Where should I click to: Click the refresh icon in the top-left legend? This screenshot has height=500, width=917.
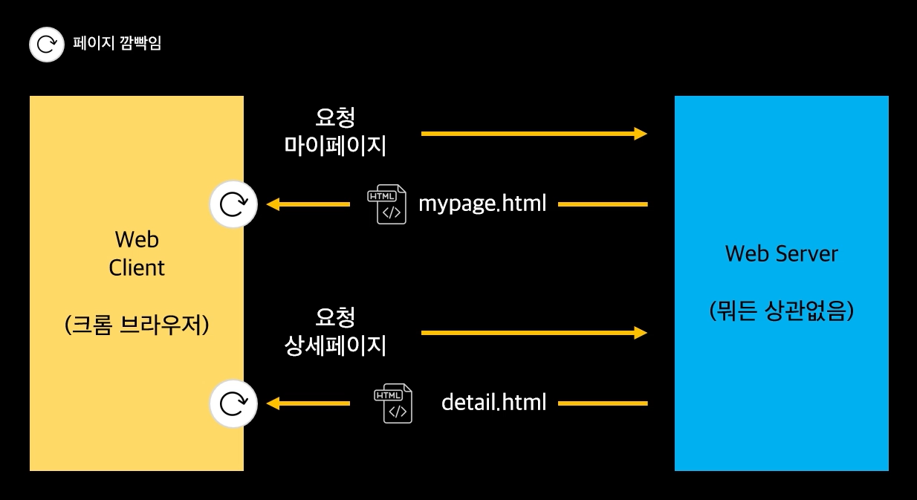point(46,44)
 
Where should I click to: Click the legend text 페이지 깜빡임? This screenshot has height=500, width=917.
point(117,43)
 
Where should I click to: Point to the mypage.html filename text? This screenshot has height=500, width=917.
point(482,203)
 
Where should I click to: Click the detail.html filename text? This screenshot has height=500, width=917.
point(493,403)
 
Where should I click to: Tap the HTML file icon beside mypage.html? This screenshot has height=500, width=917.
point(386,204)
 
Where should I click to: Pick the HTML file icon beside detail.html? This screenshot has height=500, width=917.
point(392,403)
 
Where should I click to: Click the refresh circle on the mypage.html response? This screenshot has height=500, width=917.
point(233,204)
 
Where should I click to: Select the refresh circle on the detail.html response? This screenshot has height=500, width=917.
point(233,403)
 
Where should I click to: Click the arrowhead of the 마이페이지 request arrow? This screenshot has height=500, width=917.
point(640,134)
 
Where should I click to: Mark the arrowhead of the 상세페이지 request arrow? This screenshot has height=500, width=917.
point(640,333)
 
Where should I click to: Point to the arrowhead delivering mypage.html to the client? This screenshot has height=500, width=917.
point(273,204)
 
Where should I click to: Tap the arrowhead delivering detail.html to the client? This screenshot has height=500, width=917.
point(273,403)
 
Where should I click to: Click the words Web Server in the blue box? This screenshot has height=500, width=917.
point(781,254)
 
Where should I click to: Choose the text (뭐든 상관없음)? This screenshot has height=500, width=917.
point(781,311)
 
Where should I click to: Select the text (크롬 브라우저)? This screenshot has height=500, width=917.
point(137,325)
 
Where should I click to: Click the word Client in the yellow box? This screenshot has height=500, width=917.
point(137,267)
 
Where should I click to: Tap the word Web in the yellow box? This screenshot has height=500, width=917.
point(137,239)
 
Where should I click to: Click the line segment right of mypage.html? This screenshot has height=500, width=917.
point(603,204)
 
